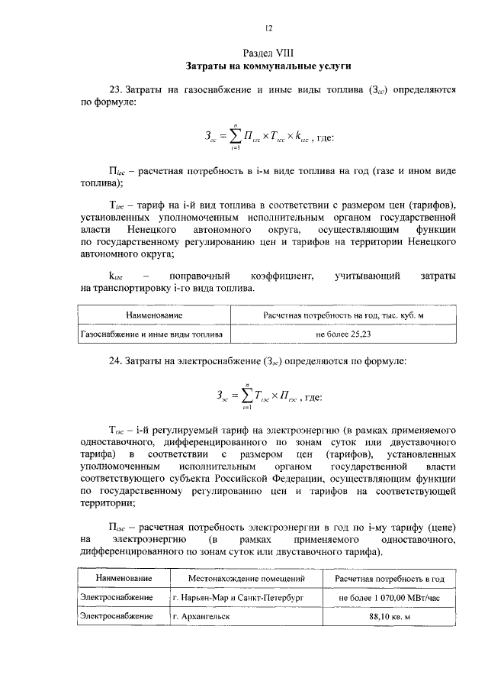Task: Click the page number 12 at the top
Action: [268, 28]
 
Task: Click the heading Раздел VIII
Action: [268, 53]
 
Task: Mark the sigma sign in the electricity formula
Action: [247, 396]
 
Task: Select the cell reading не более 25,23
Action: [342, 334]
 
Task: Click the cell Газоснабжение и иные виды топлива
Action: [152, 334]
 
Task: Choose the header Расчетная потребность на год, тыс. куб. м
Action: [342, 315]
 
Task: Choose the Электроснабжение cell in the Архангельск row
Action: [117, 615]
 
